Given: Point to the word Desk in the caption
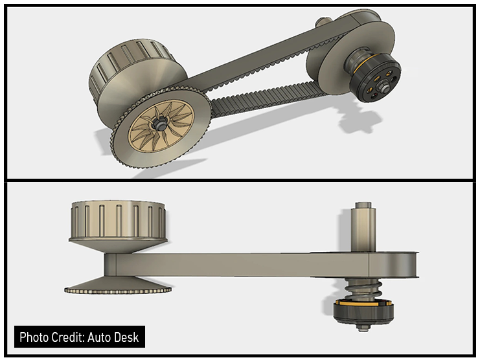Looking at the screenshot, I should click(x=128, y=337).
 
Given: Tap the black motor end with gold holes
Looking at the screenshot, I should click(x=375, y=81).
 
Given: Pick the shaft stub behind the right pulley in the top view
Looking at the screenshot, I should click(x=322, y=23).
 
